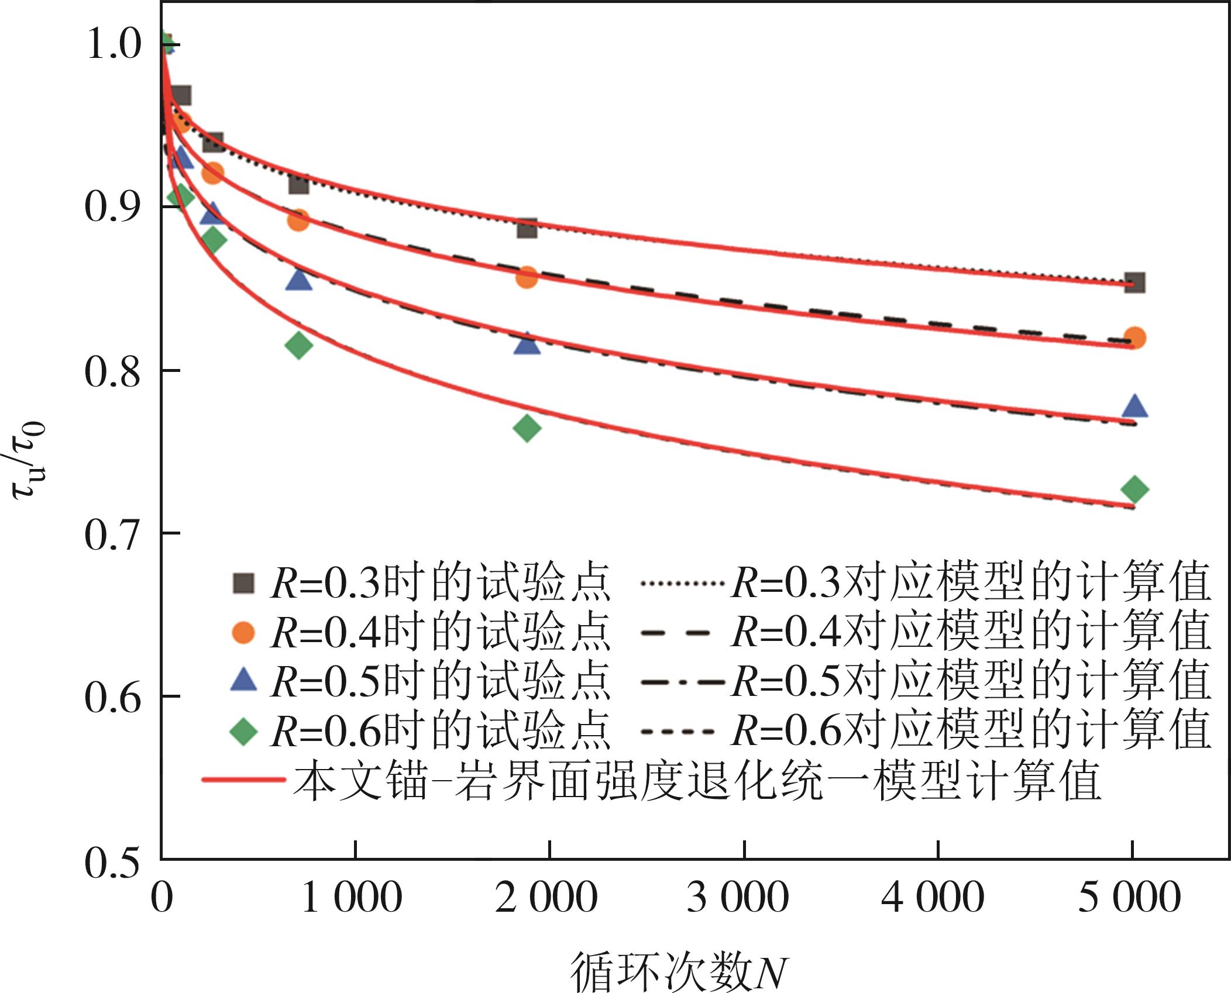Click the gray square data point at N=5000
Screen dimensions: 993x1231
pos(1134,283)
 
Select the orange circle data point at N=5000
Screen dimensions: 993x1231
pos(1134,337)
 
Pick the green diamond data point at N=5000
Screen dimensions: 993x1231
pos(1134,489)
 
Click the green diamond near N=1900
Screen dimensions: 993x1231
pos(527,428)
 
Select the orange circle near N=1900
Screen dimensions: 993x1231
pos(527,277)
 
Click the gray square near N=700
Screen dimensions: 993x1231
pos(299,184)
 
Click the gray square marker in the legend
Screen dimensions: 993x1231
pos(243,583)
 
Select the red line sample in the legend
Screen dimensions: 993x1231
pos(243,780)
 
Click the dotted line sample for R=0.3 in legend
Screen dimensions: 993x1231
pos(682,583)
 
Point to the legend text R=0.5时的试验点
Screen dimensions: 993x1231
pos(441,682)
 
